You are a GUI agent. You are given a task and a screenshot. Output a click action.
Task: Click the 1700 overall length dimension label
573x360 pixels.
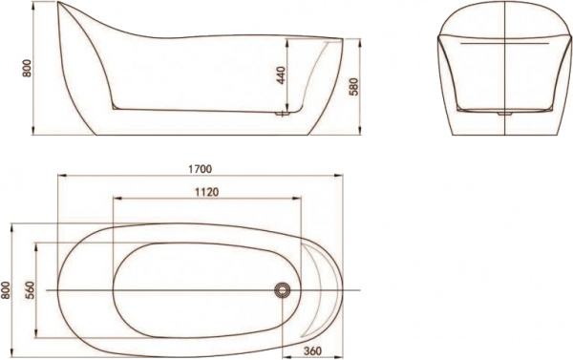tap(200, 169)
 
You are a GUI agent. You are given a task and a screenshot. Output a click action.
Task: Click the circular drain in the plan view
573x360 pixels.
tap(283, 288)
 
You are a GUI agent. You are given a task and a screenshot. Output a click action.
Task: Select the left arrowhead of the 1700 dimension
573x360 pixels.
tap(59, 177)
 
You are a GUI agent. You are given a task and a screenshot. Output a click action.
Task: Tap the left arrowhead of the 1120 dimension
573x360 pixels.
tap(116, 200)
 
